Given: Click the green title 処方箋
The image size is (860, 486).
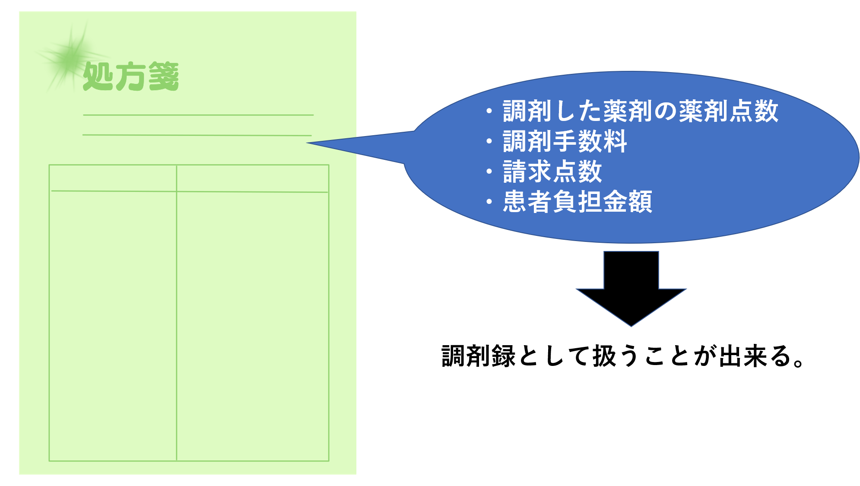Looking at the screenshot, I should [x=131, y=76].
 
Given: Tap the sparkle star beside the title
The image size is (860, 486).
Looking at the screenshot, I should [x=71, y=56].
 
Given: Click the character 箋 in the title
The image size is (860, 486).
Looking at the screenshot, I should [x=163, y=76].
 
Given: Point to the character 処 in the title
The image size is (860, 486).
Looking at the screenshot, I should [x=98, y=76].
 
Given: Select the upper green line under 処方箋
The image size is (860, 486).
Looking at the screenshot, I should [x=198, y=115].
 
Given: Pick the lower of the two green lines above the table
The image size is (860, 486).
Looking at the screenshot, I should [x=197, y=135].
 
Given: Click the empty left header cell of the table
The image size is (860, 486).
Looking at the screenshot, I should [x=113, y=178].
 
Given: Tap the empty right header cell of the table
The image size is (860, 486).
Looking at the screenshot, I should [x=253, y=178].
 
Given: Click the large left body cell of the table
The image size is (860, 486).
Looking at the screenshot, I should [x=113, y=326].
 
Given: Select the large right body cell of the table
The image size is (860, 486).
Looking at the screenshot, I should [x=253, y=326].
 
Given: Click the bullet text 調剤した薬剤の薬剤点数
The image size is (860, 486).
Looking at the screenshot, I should [x=640, y=111].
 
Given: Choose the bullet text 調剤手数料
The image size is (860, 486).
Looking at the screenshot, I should [x=565, y=141].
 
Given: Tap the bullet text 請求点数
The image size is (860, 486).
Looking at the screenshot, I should [x=552, y=172].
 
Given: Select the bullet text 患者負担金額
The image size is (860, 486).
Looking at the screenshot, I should [x=577, y=202].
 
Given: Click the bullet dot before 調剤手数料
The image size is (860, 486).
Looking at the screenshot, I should [x=489, y=141].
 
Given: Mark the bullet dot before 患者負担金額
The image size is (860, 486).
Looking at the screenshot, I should [x=489, y=202].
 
